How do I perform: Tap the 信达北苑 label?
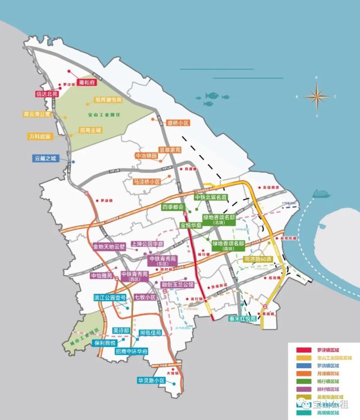47,94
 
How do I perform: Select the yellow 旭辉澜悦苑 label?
108,100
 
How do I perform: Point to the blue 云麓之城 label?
45,159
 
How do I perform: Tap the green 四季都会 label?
173,207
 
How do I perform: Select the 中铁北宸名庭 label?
210,198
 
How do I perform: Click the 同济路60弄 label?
258,259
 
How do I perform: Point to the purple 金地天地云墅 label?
111,246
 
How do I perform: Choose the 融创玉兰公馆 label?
178,285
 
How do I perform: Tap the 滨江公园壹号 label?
110,298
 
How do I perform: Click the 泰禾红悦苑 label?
242,318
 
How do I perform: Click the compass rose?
317,96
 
